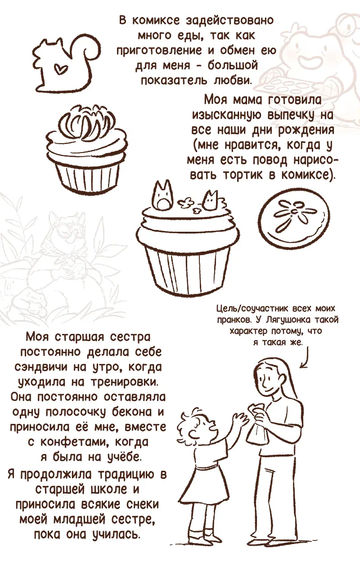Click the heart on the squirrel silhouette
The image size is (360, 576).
tap(60, 68)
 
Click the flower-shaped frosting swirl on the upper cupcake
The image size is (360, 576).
tap(86, 121)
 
